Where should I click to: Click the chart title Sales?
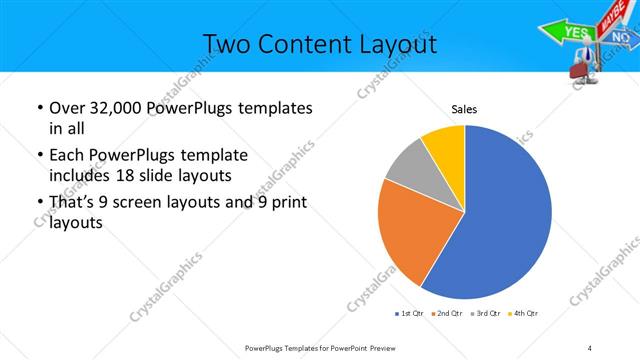(464, 109)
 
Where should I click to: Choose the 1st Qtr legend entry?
(409, 314)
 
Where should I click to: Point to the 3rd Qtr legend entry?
(486, 314)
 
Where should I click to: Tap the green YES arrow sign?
(575, 32)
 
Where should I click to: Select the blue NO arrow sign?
(620, 38)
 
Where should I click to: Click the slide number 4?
(589, 347)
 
